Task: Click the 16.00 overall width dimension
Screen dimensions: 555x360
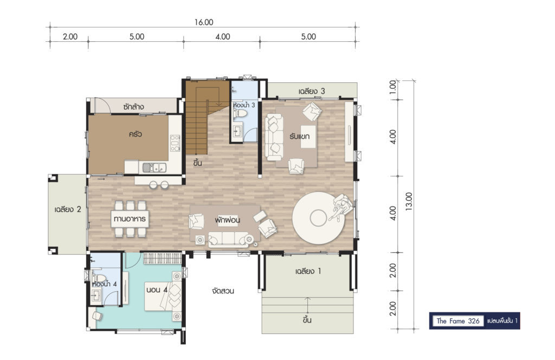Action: coord(204,22)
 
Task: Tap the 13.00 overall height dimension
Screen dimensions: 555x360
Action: coord(409,202)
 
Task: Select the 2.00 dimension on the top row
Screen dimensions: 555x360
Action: coord(70,36)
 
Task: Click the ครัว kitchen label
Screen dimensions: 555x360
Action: coord(135,134)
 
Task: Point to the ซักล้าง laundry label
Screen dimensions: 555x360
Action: coord(133,107)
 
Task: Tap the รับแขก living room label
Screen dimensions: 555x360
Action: coord(299,136)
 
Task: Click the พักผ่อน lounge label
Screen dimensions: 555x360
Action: coord(227,220)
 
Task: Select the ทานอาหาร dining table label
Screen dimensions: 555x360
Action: coord(130,218)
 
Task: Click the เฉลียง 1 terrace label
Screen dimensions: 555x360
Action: coord(308,272)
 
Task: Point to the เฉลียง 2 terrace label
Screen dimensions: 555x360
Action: coord(68,209)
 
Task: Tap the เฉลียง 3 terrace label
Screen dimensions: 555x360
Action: coord(312,91)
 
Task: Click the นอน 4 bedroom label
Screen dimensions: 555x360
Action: coord(157,290)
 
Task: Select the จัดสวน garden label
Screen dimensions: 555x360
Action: coord(223,291)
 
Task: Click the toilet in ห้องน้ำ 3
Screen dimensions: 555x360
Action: coord(241,114)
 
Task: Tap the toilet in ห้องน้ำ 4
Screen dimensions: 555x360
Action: coord(99,277)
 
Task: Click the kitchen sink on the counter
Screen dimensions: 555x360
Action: coord(154,167)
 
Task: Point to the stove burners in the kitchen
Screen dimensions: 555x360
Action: coord(175,143)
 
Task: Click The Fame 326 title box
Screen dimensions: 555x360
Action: coord(458,321)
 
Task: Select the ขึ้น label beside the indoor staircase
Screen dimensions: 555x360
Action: coord(197,163)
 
